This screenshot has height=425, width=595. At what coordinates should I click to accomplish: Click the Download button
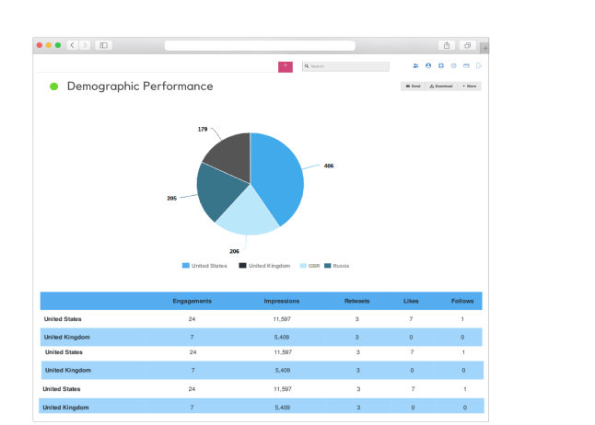(441, 86)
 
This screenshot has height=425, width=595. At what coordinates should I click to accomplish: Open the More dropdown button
(469, 86)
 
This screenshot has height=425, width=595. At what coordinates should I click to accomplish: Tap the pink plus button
(286, 66)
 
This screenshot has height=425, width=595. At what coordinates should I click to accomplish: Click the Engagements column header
(192, 301)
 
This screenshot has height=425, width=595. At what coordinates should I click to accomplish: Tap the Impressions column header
(281, 301)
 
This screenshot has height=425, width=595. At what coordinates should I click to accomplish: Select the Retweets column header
(357, 301)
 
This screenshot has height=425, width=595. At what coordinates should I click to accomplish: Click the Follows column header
(462, 301)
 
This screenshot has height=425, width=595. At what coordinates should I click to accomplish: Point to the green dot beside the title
(53, 86)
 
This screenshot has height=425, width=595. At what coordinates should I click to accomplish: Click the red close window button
(40, 45)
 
